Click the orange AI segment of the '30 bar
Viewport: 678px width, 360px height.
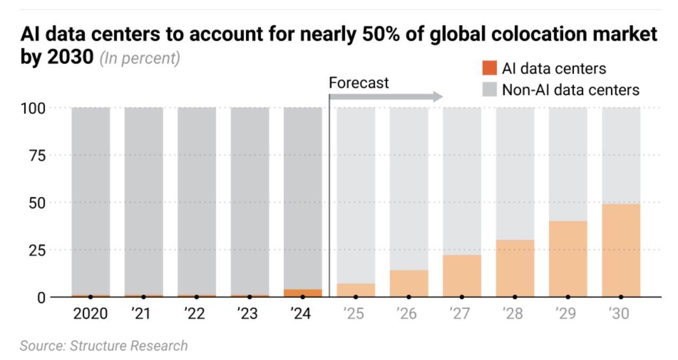(621, 250)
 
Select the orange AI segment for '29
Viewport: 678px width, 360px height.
(568, 258)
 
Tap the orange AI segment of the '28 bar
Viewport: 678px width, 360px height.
(515, 268)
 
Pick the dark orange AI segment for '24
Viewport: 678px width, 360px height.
(302, 293)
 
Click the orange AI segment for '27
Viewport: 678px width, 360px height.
(462, 275)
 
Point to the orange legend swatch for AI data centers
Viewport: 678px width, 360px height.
(489, 68)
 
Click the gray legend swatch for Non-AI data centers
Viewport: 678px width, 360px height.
(489, 89)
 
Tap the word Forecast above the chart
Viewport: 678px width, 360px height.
(359, 83)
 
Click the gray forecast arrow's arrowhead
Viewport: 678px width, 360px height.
(438, 96)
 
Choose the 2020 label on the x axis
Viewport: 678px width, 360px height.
(90, 314)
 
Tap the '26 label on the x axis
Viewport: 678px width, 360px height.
(408, 314)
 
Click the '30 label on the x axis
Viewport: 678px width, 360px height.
(620, 314)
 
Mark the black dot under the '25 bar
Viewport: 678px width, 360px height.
(355, 297)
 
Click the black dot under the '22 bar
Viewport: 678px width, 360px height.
(197, 297)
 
